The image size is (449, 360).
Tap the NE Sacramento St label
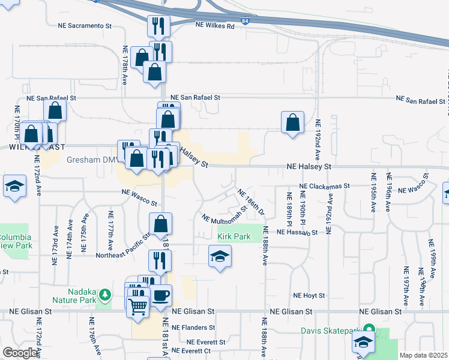pyautogui.click(x=85, y=26)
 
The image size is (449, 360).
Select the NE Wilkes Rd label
pyautogui.click(x=214, y=25)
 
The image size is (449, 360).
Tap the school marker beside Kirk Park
pyautogui.click(x=220, y=257)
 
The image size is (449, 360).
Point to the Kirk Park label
pyautogui.click(x=234, y=237)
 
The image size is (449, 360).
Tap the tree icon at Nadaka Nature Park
pyautogui.click(x=106, y=293)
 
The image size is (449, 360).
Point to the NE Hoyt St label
pyautogui.click(x=309, y=296)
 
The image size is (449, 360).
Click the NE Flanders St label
pyautogui.click(x=193, y=328)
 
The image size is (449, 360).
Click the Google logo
pyautogui.click(x=20, y=353)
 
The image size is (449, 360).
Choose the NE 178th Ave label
pyautogui.click(x=125, y=65)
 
